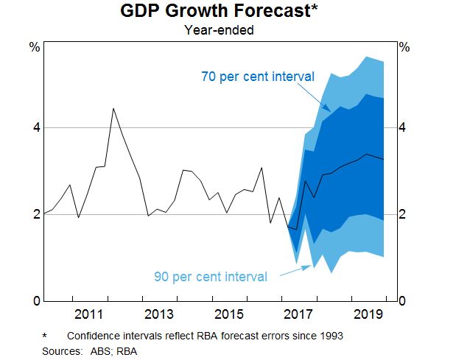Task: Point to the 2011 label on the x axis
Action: click(x=89, y=315)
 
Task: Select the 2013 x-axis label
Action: click(x=159, y=315)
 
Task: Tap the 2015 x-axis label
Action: click(x=229, y=315)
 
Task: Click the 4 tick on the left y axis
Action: click(x=34, y=128)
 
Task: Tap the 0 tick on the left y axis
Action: click(x=34, y=301)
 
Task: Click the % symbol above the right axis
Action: click(x=404, y=47)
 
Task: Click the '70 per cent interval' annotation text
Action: click(x=258, y=77)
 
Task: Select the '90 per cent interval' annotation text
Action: click(x=211, y=277)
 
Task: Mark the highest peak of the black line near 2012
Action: click(x=113, y=109)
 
